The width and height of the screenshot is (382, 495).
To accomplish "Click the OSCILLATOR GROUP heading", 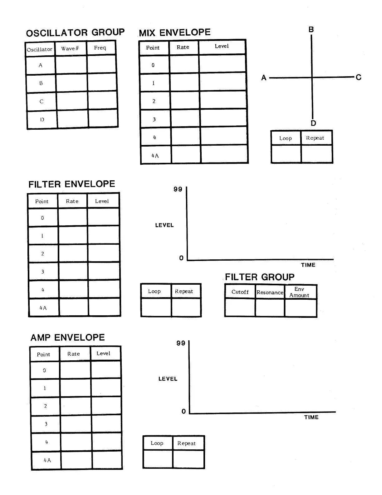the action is (x=75, y=33).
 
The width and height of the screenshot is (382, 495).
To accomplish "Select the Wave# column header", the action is (x=70, y=48).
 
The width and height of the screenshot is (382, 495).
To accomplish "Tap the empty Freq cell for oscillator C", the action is (x=103, y=101).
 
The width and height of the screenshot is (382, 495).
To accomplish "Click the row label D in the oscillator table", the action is (x=42, y=119).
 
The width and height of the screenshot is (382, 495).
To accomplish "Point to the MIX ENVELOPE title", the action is (x=175, y=32).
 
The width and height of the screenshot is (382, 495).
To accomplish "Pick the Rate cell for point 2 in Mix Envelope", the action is (x=185, y=101).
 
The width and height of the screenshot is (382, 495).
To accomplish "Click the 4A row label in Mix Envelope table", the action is (x=155, y=156).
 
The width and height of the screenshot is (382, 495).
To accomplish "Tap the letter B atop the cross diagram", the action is (x=311, y=30).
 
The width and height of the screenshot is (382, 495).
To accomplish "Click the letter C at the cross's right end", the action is (x=358, y=77).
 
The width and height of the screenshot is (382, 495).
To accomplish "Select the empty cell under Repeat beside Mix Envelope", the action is (x=316, y=153).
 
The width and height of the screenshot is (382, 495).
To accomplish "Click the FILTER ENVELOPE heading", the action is (x=72, y=184).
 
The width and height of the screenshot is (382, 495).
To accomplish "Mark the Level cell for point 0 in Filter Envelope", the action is (x=103, y=217).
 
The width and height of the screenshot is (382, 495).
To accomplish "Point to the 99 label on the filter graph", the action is (x=178, y=189).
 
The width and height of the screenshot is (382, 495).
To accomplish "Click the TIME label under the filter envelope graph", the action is (x=308, y=265).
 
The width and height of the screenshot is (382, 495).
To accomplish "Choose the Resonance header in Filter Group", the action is (x=270, y=292).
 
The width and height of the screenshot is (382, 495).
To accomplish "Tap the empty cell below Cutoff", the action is (x=240, y=308).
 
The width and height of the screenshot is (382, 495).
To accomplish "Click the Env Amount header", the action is (x=300, y=292).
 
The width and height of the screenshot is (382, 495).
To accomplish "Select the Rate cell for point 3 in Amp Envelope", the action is (x=76, y=424).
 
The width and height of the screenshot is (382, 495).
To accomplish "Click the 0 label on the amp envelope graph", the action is (x=184, y=411).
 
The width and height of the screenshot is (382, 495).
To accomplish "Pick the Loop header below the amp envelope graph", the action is (x=157, y=443).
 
